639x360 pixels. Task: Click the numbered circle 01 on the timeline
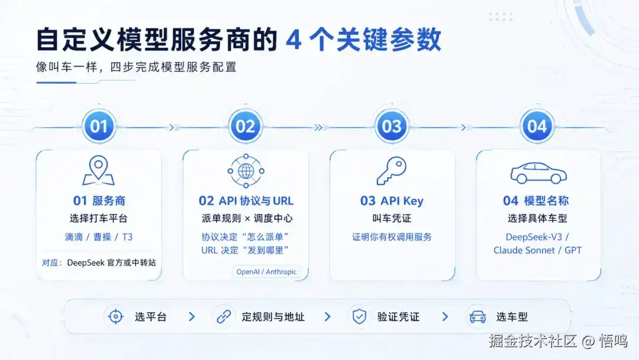[x=99, y=126]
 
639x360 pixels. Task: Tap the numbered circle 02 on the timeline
[x=246, y=126]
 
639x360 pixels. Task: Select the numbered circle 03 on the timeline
[x=392, y=126]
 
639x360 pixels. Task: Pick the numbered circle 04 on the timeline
[x=537, y=126]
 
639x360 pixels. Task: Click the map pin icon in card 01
[x=99, y=171]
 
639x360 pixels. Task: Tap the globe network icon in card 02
[x=246, y=171]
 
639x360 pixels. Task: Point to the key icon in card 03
[x=392, y=171]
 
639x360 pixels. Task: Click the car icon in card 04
[x=538, y=173]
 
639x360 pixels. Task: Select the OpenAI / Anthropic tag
[x=266, y=272]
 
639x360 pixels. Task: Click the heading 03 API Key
[x=392, y=201]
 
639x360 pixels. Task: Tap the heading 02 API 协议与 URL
[x=246, y=201]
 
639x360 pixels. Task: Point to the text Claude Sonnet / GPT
[x=537, y=250]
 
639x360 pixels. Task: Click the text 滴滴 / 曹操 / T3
[x=99, y=237]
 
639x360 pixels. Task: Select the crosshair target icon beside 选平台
[x=116, y=316]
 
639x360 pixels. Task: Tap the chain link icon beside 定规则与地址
[x=224, y=316]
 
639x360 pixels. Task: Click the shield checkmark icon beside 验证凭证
[x=359, y=316]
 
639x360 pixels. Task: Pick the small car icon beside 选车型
[x=477, y=317]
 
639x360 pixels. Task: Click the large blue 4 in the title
[x=293, y=40]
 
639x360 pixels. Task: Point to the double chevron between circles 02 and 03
[x=318, y=128]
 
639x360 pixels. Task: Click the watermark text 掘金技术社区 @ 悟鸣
[x=558, y=341]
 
